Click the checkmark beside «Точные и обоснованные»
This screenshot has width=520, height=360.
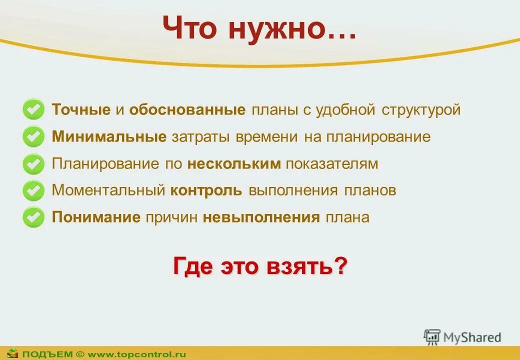pyautogui.click(x=33, y=109)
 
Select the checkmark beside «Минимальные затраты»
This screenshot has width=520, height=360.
pyautogui.click(x=33, y=136)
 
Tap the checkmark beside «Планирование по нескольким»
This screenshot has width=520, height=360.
pyautogui.click(x=33, y=163)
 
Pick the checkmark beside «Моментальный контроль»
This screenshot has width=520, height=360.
pyautogui.click(x=33, y=190)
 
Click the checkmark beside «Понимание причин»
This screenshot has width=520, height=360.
pyautogui.click(x=33, y=217)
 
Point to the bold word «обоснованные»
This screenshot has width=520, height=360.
pyautogui.click(x=187, y=110)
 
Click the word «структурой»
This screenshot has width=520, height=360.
pyautogui.click(x=421, y=110)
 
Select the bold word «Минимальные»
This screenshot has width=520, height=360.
pyautogui.click(x=109, y=137)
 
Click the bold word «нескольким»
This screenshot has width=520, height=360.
pyautogui.click(x=234, y=164)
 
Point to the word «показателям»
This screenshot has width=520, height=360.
pyautogui.click(x=332, y=164)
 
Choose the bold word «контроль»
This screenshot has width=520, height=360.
pyautogui.click(x=206, y=191)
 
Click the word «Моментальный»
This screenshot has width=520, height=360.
pyautogui.click(x=108, y=191)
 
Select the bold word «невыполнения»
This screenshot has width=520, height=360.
pyautogui.click(x=261, y=217)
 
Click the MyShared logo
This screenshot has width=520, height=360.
pyautogui.click(x=462, y=337)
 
